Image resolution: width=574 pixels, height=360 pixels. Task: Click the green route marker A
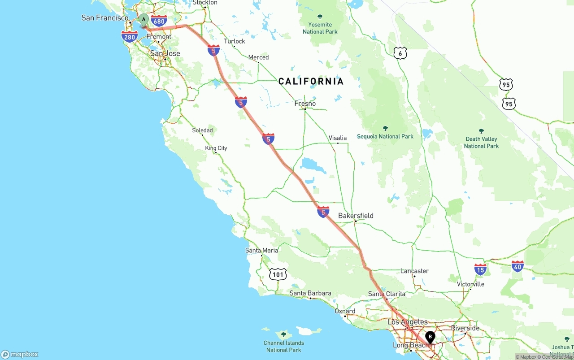point(143,20)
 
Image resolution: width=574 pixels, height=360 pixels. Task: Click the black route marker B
point(430,337)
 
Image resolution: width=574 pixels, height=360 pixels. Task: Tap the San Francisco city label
point(105,18)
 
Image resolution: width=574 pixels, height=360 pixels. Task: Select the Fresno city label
point(305,104)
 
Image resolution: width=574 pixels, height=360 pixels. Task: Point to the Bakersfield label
point(356,216)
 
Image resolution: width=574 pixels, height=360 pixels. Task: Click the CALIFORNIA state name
point(311,81)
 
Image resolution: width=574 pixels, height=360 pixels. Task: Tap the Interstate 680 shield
point(159,21)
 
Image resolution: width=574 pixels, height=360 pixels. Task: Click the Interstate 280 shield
point(130,37)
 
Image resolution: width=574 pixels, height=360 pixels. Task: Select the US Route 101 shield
point(278,274)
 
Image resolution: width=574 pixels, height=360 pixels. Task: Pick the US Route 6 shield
point(400,53)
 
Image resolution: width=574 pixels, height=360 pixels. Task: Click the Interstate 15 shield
point(480,269)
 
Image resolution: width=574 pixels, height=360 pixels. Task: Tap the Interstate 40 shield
point(517,266)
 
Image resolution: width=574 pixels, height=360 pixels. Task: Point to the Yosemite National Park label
point(320,28)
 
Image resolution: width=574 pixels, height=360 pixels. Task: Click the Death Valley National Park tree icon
point(481,131)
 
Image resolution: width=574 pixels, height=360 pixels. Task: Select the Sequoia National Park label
point(385,136)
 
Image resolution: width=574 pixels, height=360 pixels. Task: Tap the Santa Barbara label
point(310,293)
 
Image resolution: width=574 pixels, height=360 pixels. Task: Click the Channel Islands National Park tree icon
point(283,334)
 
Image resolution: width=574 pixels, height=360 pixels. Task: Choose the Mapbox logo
point(20,354)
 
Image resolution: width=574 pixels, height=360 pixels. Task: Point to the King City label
point(216,148)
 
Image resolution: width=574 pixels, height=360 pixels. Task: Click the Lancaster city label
point(414,271)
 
